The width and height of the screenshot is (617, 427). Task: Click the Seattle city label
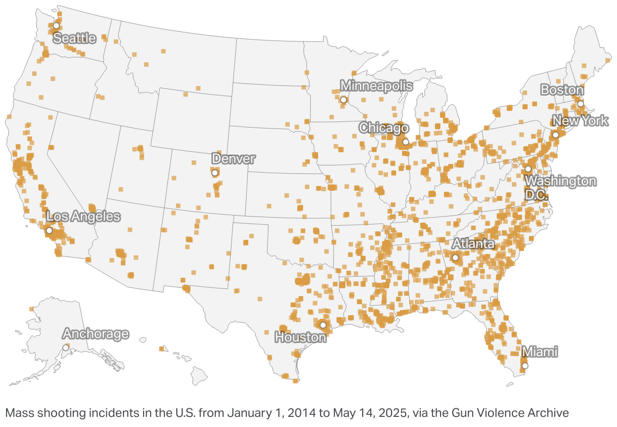(74, 38)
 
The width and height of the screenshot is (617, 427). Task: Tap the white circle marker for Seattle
(57, 25)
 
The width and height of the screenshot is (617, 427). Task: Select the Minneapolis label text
(376, 86)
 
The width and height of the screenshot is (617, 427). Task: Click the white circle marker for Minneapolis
(343, 100)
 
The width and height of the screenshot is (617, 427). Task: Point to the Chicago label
(384, 128)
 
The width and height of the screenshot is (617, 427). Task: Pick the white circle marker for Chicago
(406, 142)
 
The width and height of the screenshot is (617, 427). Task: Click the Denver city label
(233, 158)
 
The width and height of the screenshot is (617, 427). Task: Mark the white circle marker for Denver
(215, 173)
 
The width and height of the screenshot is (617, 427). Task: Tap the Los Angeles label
(83, 217)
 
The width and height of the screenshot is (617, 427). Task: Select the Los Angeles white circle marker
(49, 231)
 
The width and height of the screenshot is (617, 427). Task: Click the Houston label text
(300, 336)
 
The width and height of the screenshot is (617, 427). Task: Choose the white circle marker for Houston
(323, 325)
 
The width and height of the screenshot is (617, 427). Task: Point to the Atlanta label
(473, 244)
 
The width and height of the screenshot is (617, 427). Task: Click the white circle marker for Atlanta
(455, 258)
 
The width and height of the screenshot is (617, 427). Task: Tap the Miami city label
(540, 351)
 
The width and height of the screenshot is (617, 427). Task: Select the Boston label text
(562, 90)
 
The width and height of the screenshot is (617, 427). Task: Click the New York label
(580, 121)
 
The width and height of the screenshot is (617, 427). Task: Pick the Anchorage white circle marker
(66, 348)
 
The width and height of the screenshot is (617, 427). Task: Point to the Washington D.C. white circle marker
(528, 169)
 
